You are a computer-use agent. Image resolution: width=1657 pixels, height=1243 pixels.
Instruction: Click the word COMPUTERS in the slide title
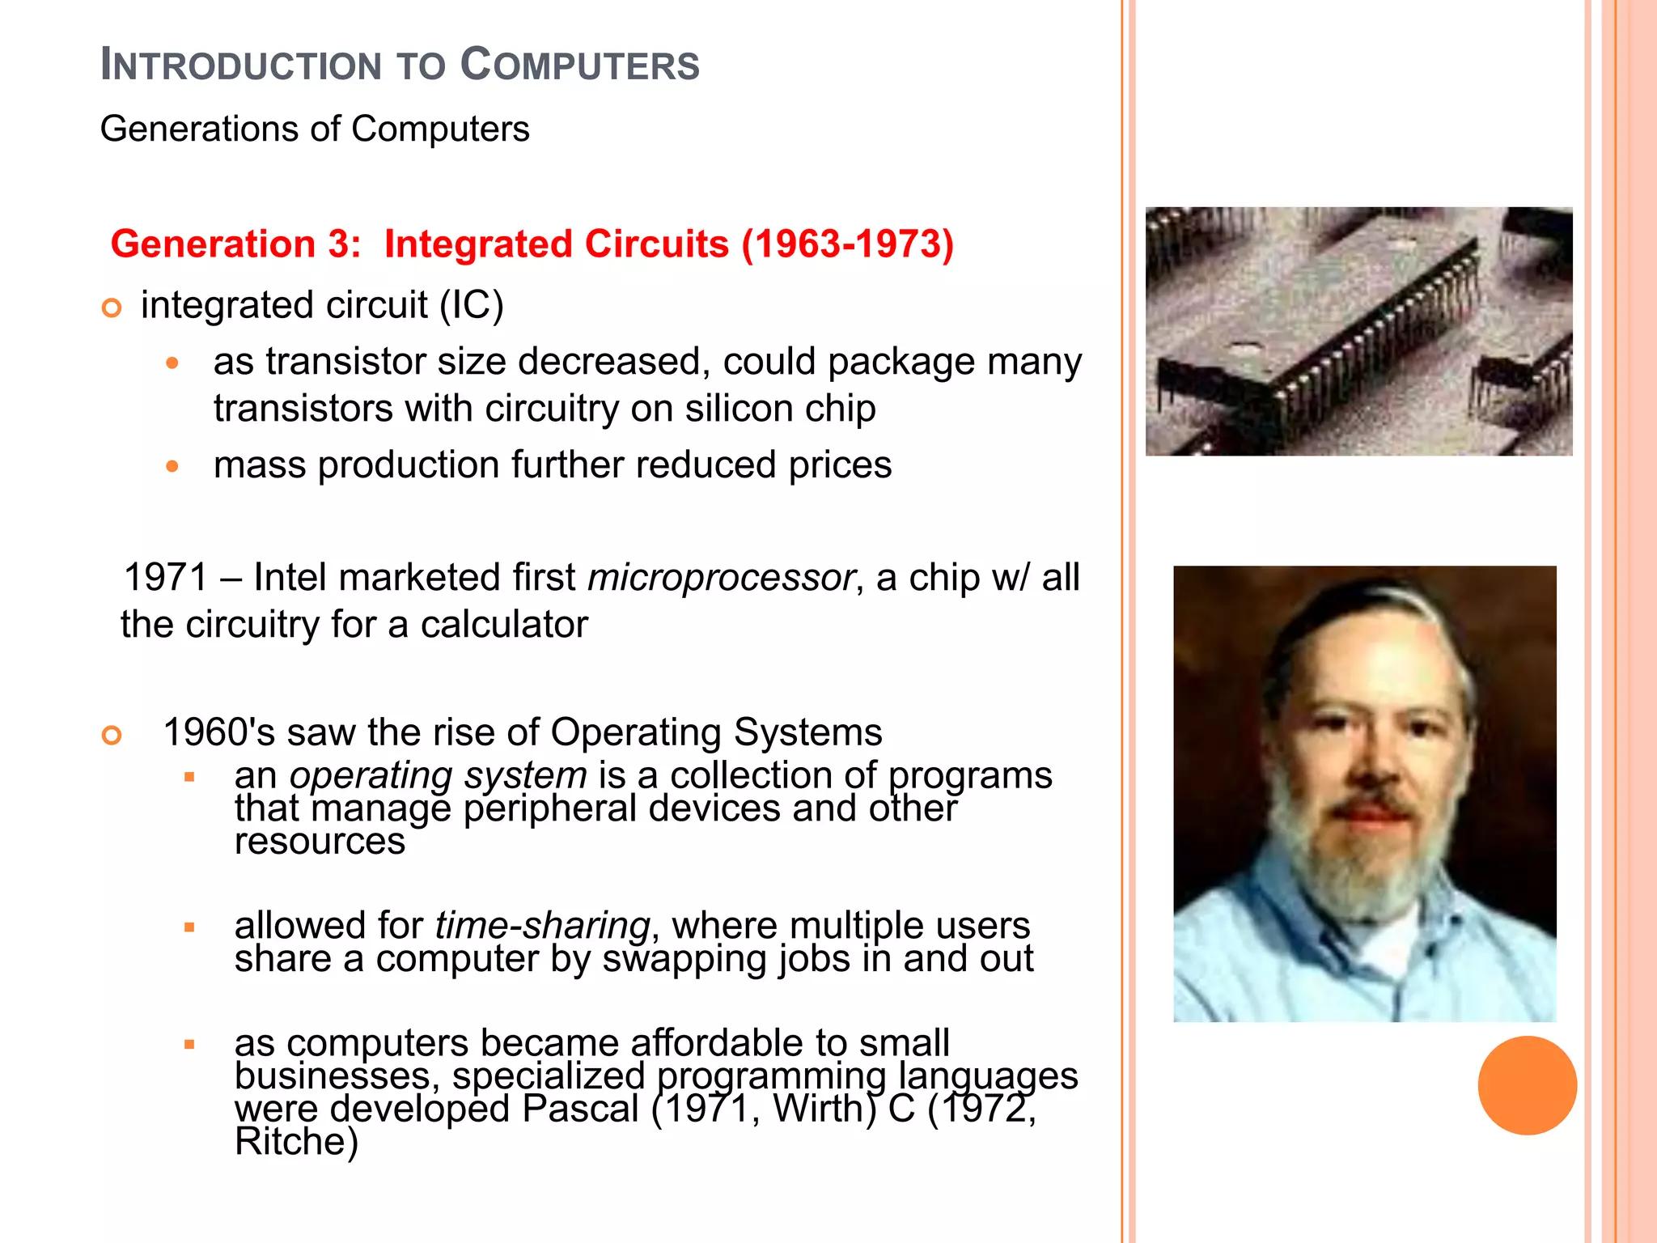[x=579, y=65]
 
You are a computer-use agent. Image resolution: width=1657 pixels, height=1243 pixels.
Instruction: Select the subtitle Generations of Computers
[x=315, y=129]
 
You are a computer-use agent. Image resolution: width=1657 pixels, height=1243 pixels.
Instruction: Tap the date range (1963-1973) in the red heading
[x=848, y=244]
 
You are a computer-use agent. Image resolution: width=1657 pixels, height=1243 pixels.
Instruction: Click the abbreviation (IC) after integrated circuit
[x=471, y=306]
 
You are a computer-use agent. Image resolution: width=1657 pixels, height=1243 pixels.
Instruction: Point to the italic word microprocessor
[x=720, y=578]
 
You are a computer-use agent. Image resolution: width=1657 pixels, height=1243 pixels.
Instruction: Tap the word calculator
[x=503, y=625]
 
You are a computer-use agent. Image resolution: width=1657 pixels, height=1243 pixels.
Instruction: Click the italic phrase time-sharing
[x=542, y=925]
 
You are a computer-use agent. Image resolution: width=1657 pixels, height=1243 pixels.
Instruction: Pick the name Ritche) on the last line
[x=296, y=1142]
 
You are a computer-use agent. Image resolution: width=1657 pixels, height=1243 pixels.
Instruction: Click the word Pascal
[x=580, y=1109]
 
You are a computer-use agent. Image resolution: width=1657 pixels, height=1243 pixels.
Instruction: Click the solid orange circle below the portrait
[x=1527, y=1085]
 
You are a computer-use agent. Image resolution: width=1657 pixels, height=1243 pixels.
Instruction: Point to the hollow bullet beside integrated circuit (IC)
[x=112, y=308]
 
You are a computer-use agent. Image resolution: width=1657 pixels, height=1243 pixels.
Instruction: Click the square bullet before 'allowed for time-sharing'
[x=189, y=927]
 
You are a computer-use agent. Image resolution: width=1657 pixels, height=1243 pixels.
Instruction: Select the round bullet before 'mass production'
[x=172, y=466]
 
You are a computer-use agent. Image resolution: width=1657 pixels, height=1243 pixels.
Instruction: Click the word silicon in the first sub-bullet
[x=730, y=409]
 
